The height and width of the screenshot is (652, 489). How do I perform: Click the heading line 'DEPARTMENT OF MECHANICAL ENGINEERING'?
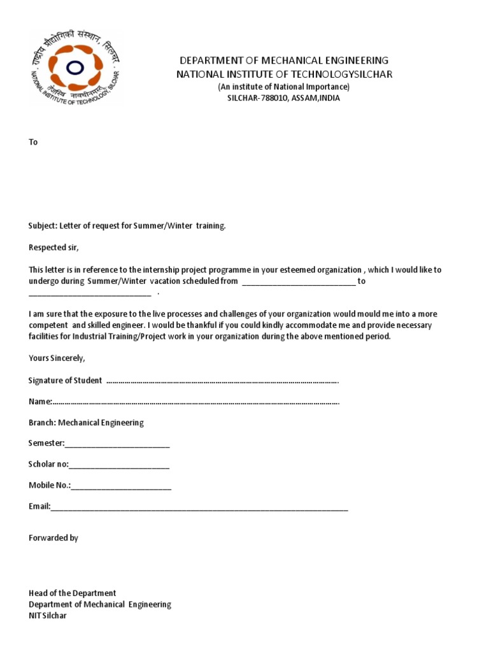pyautogui.click(x=284, y=60)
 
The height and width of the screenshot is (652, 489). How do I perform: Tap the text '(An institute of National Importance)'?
pyautogui.click(x=284, y=87)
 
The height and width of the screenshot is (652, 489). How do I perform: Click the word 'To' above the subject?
pyautogui.click(x=33, y=142)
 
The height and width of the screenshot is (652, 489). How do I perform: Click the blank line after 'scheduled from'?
pyautogui.click(x=298, y=281)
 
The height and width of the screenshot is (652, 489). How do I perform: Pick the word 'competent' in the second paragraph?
pyautogui.click(x=47, y=325)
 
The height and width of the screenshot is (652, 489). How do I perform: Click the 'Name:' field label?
pyautogui.click(x=39, y=402)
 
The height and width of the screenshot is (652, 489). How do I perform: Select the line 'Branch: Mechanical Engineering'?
pyautogui.click(x=86, y=423)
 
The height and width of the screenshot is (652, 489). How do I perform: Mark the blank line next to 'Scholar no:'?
pyautogui.click(x=119, y=465)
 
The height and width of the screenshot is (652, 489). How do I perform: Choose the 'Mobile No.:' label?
pyautogui.click(x=49, y=486)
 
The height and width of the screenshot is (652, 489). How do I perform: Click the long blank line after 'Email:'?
pyautogui.click(x=199, y=507)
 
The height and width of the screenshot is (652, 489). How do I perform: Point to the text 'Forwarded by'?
pyautogui.click(x=53, y=538)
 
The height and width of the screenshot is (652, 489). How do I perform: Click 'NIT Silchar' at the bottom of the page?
pyautogui.click(x=47, y=616)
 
